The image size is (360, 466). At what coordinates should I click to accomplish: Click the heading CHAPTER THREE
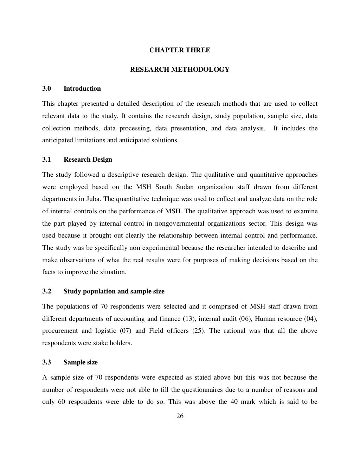click(x=180, y=50)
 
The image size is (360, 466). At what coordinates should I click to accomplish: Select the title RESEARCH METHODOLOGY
click(x=180, y=70)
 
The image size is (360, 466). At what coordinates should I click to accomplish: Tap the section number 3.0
click(x=47, y=89)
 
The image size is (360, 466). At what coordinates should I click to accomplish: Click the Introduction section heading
click(x=82, y=89)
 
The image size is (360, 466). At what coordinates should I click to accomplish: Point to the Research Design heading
click(x=88, y=160)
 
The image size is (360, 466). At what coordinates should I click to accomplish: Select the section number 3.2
click(x=47, y=291)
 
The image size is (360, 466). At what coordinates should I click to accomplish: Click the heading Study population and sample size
click(x=114, y=291)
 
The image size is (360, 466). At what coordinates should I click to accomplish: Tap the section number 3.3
click(x=47, y=362)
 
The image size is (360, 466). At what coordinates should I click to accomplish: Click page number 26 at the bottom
click(x=180, y=416)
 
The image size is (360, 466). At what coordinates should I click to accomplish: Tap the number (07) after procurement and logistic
click(x=126, y=331)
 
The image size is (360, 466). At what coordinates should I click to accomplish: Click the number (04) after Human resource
click(x=311, y=319)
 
